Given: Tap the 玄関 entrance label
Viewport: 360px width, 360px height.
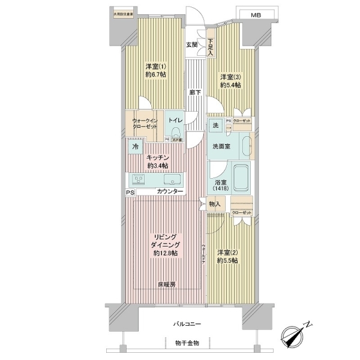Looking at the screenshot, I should tap(191, 44).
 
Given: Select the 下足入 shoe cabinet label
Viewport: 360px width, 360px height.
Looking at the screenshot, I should tap(211, 47).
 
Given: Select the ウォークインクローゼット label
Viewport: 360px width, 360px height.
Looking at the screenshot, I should tap(145, 124).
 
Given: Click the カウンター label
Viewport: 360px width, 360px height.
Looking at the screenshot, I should tap(171, 192).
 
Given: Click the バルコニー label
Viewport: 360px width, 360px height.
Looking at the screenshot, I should tap(187, 324).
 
